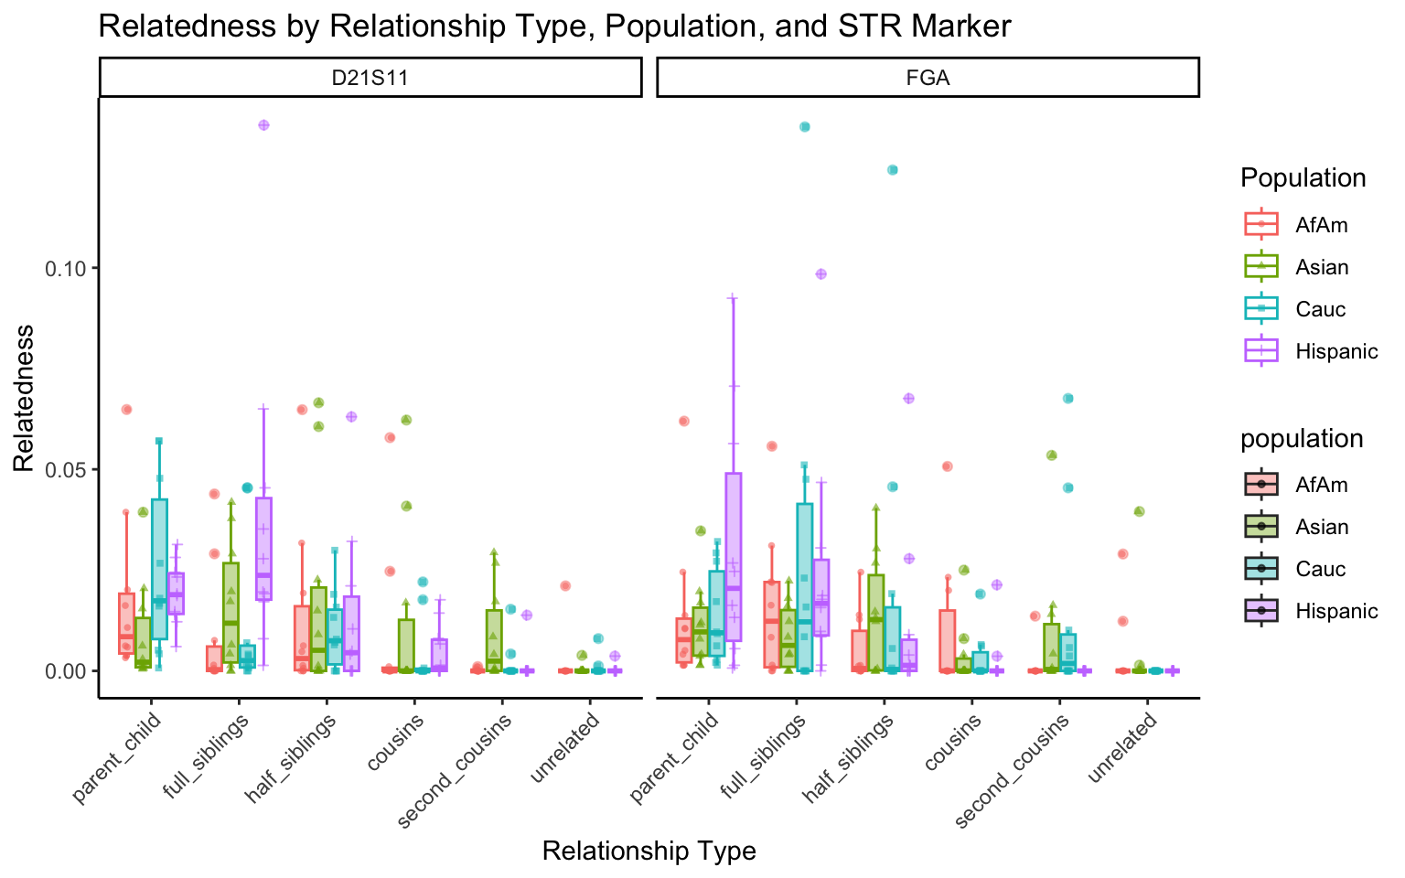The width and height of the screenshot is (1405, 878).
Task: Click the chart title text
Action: [x=554, y=26]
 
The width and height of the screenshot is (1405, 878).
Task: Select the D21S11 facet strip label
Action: [x=370, y=78]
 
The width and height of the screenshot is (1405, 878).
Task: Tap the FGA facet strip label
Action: [x=928, y=78]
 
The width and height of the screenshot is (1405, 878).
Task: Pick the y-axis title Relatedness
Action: [x=24, y=398]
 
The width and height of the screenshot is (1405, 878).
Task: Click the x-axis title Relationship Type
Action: [x=649, y=851]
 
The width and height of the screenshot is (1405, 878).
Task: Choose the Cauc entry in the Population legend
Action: [x=1320, y=309]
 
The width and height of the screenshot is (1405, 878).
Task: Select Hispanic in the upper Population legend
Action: [x=1335, y=351]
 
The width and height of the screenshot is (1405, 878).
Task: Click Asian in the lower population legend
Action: [x=1322, y=527]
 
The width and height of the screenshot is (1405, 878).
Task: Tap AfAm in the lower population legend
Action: [x=1321, y=485]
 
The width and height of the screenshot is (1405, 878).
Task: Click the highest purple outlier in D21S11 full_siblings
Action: [x=263, y=124]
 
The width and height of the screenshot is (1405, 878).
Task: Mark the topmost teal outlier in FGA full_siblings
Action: [x=805, y=126]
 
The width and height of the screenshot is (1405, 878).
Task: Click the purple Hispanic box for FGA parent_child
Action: [x=734, y=556]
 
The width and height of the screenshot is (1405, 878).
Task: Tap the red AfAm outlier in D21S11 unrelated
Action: [x=565, y=585]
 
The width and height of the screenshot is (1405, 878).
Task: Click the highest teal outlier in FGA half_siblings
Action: [x=893, y=169]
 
